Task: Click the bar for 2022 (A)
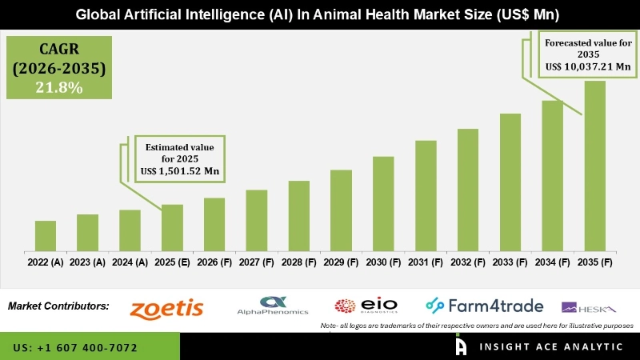click(46, 235)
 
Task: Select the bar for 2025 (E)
click(172, 227)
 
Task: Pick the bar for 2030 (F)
click(383, 203)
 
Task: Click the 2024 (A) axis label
click(130, 262)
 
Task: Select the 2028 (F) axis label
click(298, 262)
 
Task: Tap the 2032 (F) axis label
click(468, 262)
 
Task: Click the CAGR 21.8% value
click(58, 88)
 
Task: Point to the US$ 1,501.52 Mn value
click(181, 171)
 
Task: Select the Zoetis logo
click(166, 308)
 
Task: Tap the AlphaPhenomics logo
click(273, 306)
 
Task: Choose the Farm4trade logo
click(484, 306)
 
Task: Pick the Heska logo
click(589, 307)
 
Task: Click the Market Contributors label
click(58, 306)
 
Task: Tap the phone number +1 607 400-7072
click(75, 348)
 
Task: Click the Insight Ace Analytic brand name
click(552, 346)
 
